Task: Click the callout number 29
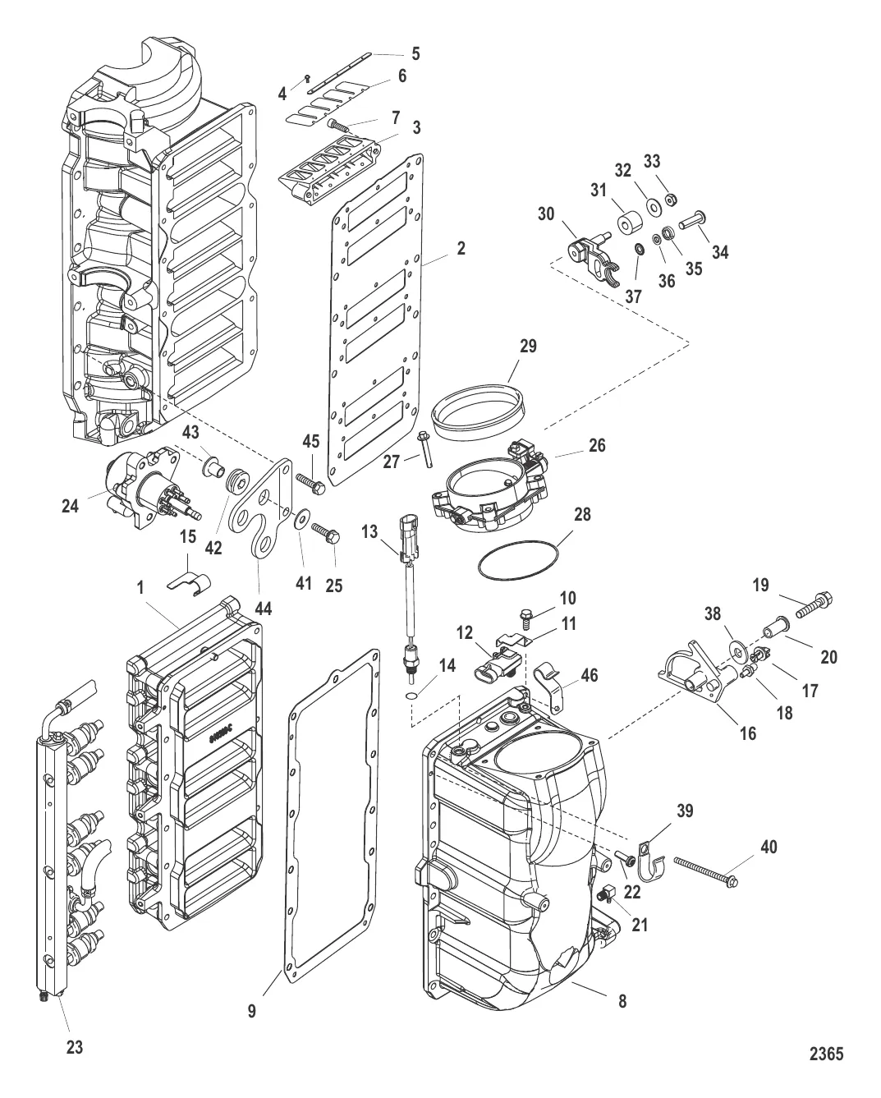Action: [528, 346]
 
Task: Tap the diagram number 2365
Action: [826, 1053]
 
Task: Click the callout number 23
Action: [74, 1047]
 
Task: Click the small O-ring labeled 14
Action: [411, 696]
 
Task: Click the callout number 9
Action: [253, 1012]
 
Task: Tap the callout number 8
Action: [623, 1001]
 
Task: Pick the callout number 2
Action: [461, 247]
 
